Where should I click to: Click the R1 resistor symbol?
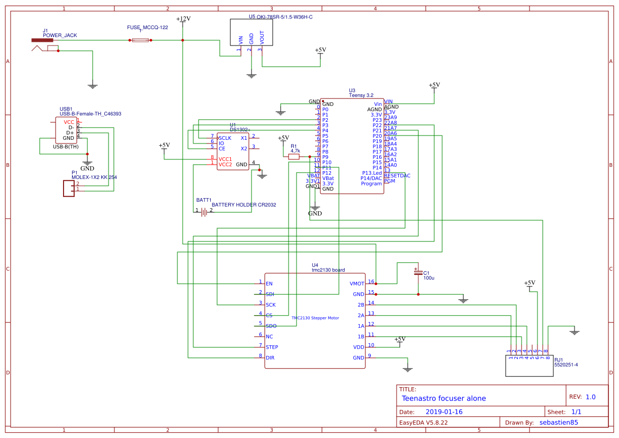[x=294, y=156]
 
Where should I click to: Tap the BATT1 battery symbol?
[x=204, y=211]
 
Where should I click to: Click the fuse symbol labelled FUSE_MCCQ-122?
[x=140, y=40]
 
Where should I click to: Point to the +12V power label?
[x=183, y=19]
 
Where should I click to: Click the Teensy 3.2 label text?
[x=361, y=95]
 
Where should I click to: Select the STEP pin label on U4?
[x=272, y=347]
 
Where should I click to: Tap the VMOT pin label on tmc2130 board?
[x=357, y=284]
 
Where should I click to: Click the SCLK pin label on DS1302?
[x=225, y=138]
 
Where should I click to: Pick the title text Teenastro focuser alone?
[x=444, y=398]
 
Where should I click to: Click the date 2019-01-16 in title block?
[x=444, y=412]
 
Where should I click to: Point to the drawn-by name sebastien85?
[x=559, y=423]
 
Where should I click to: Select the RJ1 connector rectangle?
[x=528, y=365]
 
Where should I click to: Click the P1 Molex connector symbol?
[x=68, y=189]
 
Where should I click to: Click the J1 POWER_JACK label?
[x=60, y=35]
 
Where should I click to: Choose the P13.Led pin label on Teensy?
[x=372, y=173]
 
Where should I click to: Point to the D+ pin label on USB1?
[x=70, y=132]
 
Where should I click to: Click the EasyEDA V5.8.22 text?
[x=423, y=423]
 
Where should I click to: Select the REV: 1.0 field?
[x=582, y=397]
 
